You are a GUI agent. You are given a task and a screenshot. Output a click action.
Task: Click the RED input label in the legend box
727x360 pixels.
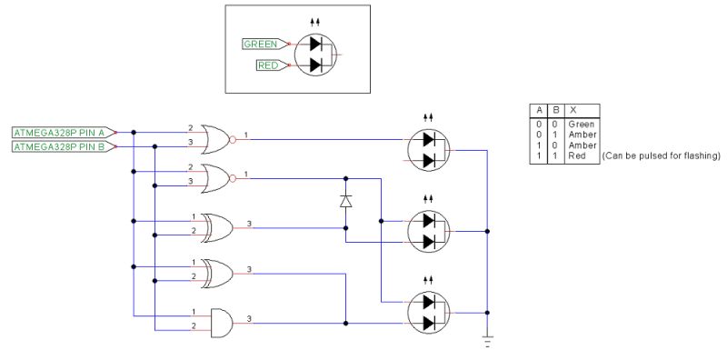pos(269,65)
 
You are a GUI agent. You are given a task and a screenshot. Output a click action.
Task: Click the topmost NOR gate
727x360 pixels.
pos(216,138)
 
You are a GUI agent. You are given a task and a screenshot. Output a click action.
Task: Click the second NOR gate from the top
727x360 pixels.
pos(216,177)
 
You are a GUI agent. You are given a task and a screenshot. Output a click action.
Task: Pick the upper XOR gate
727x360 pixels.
pos(216,227)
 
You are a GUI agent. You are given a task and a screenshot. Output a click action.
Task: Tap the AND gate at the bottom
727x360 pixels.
pos(220,322)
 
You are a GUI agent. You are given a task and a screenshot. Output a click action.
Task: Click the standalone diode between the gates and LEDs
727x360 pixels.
pos(345,201)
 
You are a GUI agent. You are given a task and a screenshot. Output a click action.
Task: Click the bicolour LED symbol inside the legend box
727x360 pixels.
pos(316,55)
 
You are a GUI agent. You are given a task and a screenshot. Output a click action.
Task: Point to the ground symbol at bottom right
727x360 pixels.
pos(488,342)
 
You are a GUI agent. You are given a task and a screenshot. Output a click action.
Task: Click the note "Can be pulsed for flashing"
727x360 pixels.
pos(661,156)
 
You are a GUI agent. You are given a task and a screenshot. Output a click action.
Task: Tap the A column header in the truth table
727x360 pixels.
pos(538,110)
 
